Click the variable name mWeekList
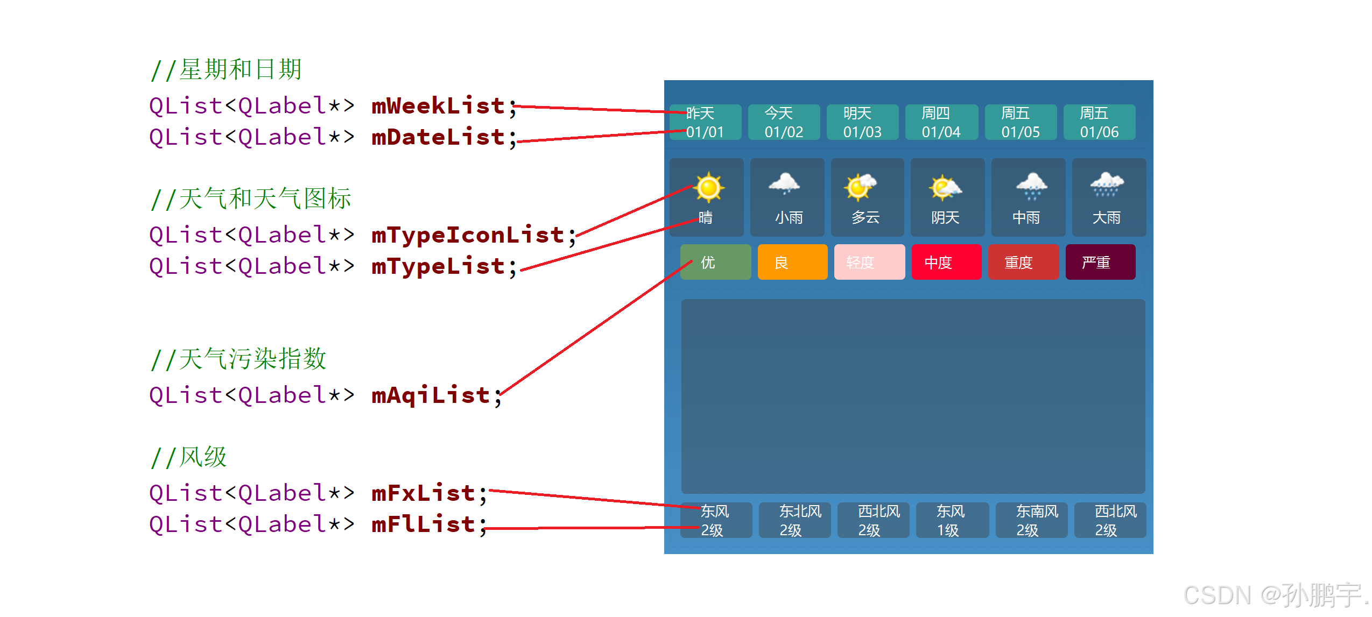[x=438, y=106]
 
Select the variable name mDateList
[x=438, y=137]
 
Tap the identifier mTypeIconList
[x=467, y=235]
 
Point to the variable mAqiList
[x=430, y=395]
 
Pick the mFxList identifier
[x=423, y=493]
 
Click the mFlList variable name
[x=423, y=524]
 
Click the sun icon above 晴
[x=708, y=188]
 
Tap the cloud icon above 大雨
[x=1107, y=185]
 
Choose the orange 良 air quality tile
[x=792, y=263]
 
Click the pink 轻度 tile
[x=869, y=263]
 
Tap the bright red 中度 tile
[x=946, y=263]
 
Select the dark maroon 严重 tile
[x=1100, y=263]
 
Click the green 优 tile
[x=715, y=263]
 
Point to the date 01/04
[x=941, y=132]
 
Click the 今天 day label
[x=778, y=113]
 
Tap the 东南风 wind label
[x=1037, y=511]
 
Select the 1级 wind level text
[x=948, y=530]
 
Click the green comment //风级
[x=189, y=458]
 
